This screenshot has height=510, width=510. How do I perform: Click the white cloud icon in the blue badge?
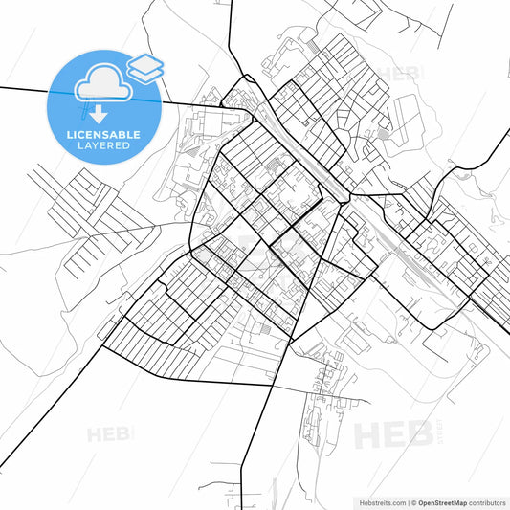(103, 83)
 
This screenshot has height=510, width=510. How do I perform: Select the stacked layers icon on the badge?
(144, 68)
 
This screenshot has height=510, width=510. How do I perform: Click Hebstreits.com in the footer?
(382, 501)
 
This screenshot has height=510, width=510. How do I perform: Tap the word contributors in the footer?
(487, 501)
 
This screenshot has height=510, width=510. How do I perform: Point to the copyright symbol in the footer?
(413, 501)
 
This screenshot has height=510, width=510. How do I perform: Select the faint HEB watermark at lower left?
(109, 434)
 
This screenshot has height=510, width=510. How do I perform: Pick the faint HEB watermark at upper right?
(398, 74)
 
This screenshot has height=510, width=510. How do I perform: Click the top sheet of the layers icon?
(144, 63)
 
